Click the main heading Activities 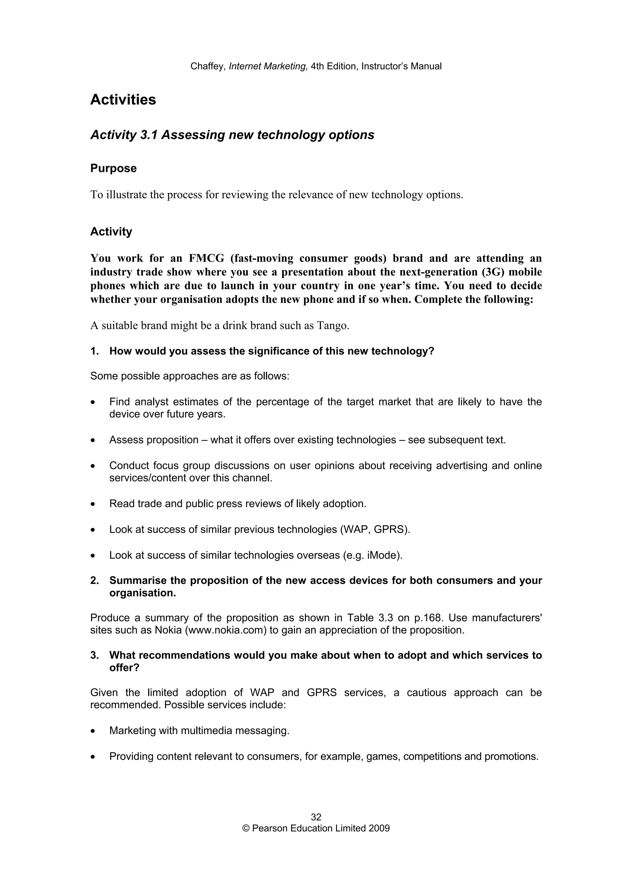[123, 100]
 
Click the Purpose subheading [113, 169]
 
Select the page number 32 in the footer [316, 817]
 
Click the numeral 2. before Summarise [95, 581]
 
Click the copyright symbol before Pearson [246, 829]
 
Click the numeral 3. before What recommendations [95, 655]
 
